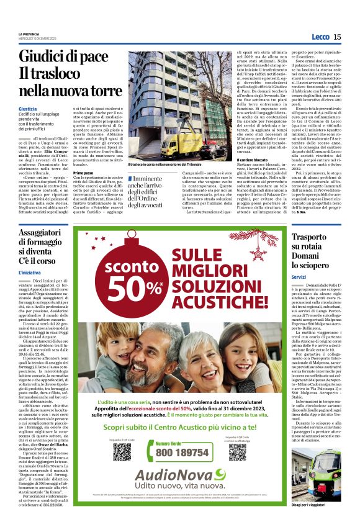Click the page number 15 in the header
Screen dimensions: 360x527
337,37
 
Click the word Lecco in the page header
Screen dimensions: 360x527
319,37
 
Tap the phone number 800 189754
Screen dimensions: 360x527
182,453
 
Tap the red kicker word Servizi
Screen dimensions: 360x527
299,277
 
